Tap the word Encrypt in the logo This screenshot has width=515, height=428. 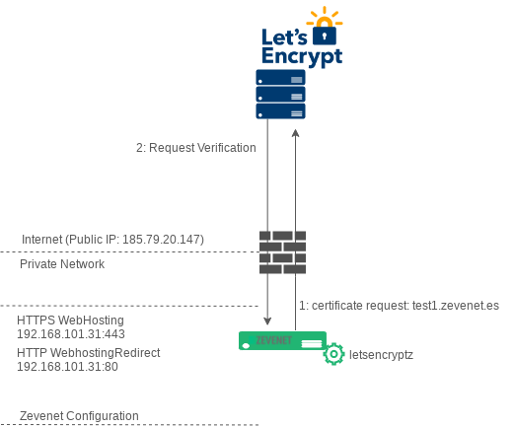tap(302, 56)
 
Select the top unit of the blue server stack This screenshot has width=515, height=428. tap(280, 77)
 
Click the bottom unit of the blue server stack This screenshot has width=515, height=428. tap(280, 111)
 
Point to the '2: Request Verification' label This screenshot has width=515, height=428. tap(196, 148)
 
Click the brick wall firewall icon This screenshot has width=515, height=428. tap(282, 252)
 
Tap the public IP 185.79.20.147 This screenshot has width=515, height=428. tap(163, 240)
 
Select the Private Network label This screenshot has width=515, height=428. tap(62, 264)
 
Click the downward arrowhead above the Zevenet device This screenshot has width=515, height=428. tap(267, 321)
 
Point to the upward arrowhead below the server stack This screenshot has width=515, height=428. tap(295, 133)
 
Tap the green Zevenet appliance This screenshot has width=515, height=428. tap(282, 340)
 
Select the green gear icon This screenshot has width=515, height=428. tap(333, 354)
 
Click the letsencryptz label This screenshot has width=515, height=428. tap(381, 355)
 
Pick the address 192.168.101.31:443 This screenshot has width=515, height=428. tap(71, 334)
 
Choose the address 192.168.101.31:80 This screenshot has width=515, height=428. tap(67, 367)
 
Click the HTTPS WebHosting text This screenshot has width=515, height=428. tap(70, 321)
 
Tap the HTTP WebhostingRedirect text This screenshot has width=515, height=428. tap(89, 353)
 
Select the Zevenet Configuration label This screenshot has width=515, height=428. tap(79, 416)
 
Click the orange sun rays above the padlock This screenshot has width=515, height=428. tap(325, 17)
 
